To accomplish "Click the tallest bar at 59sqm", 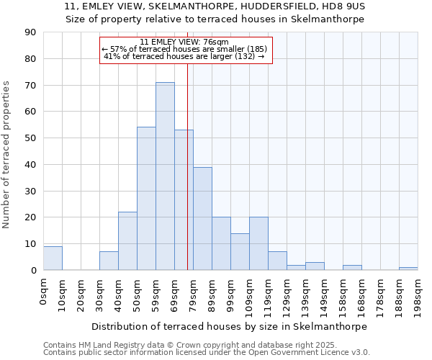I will coord(165,176).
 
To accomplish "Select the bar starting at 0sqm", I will coord(53,258).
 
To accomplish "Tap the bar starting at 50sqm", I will coord(146,199).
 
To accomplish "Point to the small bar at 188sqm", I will coord(408,269).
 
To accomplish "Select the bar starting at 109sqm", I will coord(258,243).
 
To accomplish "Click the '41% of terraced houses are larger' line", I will coord(184,56).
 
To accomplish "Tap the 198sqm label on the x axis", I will coord(418,292).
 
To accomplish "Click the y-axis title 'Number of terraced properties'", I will coord(6,155).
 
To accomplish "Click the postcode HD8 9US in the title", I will coord(347,6).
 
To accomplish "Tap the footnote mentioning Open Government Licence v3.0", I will coord(207,353).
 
